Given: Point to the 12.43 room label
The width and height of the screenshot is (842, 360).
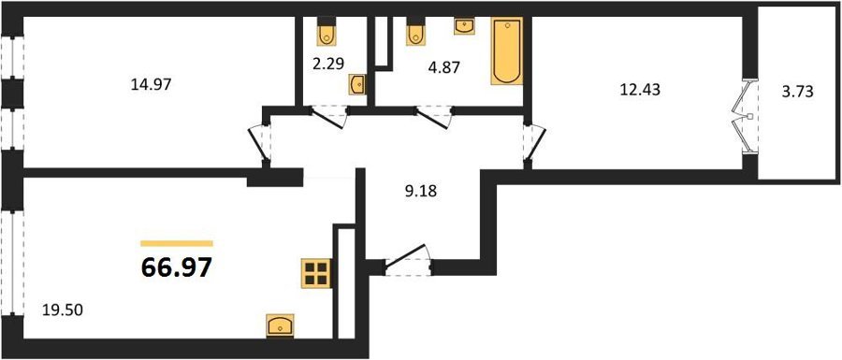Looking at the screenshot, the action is pyautogui.click(x=640, y=90).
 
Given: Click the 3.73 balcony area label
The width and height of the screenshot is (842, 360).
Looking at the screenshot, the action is pyautogui.click(x=799, y=92).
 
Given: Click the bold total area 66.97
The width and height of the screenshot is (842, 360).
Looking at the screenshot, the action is pyautogui.click(x=176, y=267).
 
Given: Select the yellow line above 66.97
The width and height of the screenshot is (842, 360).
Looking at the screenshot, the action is pyautogui.click(x=177, y=243).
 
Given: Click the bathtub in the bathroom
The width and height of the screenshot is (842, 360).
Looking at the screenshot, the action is pyautogui.click(x=507, y=51).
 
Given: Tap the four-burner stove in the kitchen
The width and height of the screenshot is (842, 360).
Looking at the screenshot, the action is pyautogui.click(x=316, y=273).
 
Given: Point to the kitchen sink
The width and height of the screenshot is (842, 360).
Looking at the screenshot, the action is pyautogui.click(x=281, y=325).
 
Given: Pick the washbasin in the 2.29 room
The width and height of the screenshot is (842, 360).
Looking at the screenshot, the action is pyautogui.click(x=357, y=84).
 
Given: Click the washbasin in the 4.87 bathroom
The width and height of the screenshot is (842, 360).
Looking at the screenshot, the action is pyautogui.click(x=464, y=25).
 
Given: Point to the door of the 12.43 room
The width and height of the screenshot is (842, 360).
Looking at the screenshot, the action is pyautogui.click(x=534, y=142).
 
